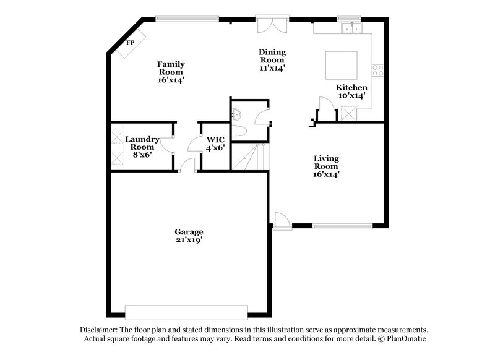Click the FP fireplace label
click(x=130, y=43)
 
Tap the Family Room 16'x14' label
click(x=171, y=72)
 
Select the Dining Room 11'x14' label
click(x=272, y=61)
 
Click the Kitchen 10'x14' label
click(x=351, y=92)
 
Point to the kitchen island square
click(x=342, y=65)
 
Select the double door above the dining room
click(x=272, y=25)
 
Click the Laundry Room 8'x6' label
click(x=142, y=147)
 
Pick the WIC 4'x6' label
click(x=215, y=144)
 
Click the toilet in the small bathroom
click(x=243, y=131)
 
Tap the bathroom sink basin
click(x=237, y=113)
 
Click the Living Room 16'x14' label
click(x=325, y=166)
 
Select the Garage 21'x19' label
click(x=189, y=236)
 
